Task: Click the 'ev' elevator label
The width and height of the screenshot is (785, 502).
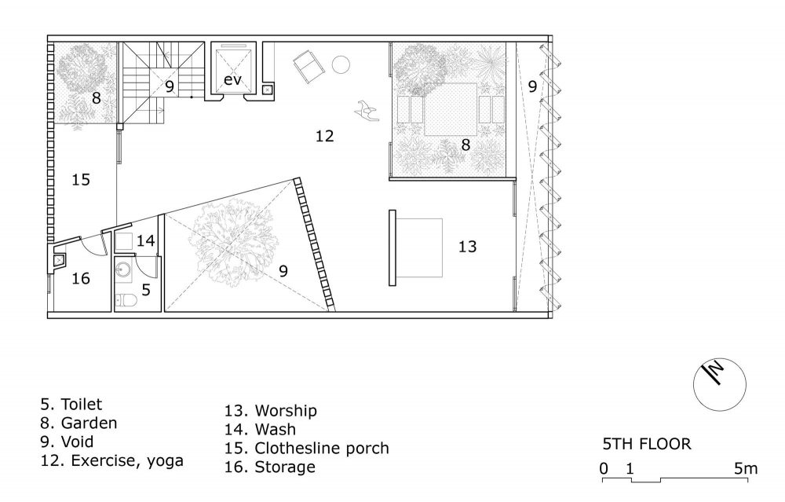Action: click(232, 79)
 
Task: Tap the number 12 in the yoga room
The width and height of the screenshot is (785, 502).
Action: click(324, 136)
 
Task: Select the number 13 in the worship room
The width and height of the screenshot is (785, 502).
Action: click(468, 247)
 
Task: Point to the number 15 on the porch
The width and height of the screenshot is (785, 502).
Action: click(81, 179)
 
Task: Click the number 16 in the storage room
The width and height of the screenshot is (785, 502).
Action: click(81, 278)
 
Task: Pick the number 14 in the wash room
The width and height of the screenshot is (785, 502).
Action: click(146, 240)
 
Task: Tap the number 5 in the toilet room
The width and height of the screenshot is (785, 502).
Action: click(146, 290)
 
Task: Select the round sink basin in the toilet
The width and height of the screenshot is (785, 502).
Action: click(122, 271)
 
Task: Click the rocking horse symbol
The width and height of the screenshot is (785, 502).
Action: click(367, 110)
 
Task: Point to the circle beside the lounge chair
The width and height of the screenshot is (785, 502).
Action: click(341, 64)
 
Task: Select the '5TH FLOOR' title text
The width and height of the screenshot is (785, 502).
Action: click(647, 444)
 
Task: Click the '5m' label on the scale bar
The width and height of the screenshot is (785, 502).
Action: click(746, 468)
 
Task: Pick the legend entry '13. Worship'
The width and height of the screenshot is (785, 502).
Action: click(270, 410)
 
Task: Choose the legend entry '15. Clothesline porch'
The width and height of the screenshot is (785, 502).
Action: click(306, 448)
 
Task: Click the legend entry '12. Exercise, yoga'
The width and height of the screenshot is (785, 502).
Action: click(112, 461)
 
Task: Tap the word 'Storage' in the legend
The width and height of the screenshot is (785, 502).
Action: click(285, 467)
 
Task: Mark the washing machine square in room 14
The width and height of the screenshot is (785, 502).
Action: click(123, 243)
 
